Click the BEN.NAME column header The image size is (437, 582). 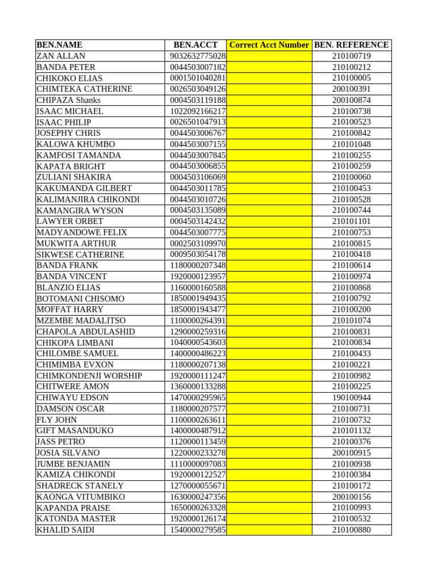point(60,45)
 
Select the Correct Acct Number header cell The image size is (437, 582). point(269,45)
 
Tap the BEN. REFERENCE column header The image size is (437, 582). point(352,45)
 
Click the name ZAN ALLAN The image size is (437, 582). point(61,56)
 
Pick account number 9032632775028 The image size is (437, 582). point(197,56)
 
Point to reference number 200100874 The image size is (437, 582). point(352,100)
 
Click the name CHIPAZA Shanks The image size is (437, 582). point(68,100)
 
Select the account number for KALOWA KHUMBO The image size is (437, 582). point(197,144)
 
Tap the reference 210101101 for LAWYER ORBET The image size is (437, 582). point(352,221)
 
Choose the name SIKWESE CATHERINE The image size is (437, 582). point(80,255)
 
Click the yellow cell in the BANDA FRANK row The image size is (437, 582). point(269,265)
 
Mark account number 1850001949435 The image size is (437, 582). point(197,298)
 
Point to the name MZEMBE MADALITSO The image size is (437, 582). point(81,321)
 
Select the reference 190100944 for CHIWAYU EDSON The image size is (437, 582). point(352,397)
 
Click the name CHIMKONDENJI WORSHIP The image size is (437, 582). point(89,376)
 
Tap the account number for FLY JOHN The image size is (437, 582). point(197,419)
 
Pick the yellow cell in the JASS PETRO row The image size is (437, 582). point(269,442)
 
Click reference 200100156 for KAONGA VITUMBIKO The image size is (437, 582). point(352,497)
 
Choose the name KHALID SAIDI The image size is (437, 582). point(65,530)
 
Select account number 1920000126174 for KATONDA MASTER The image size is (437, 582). point(197,518)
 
